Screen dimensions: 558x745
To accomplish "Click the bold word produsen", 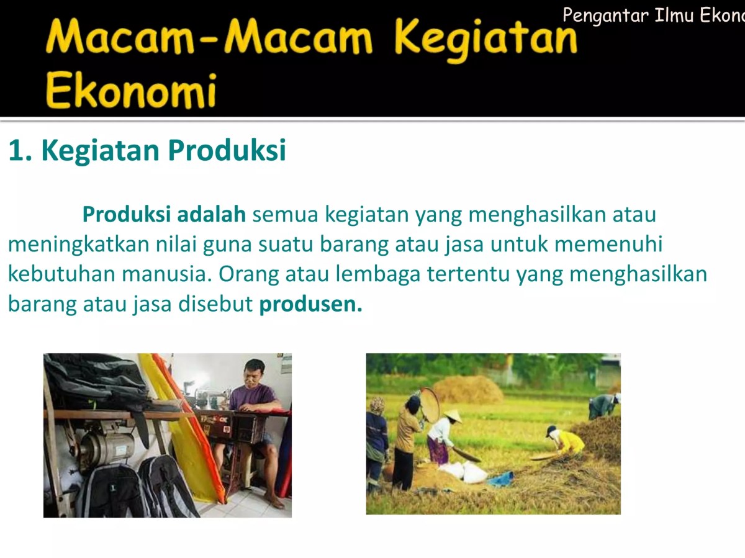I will point(310,305).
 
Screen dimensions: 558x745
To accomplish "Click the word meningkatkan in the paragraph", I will point(79,245).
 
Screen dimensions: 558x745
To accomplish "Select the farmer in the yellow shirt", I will point(568,441).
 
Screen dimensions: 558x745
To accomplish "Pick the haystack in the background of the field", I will point(467,389).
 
